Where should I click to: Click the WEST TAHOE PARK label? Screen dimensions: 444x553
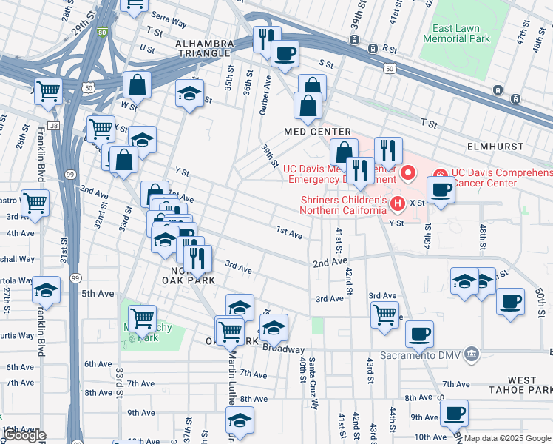pyautogui.click(x=522, y=386)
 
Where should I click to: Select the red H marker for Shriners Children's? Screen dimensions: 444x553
pyautogui.click(x=397, y=203)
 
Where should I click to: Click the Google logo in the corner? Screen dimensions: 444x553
pyautogui.click(x=24, y=435)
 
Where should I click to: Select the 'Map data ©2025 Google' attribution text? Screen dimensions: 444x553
pyautogui.click(x=508, y=438)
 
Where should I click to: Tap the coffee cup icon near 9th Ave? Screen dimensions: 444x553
pyautogui.click(x=454, y=412)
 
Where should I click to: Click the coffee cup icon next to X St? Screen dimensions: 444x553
pyautogui.click(x=441, y=189)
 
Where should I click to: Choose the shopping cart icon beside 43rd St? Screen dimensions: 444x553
pyautogui.click(x=384, y=314)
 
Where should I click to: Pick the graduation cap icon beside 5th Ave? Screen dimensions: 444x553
pyautogui.click(x=46, y=290)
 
